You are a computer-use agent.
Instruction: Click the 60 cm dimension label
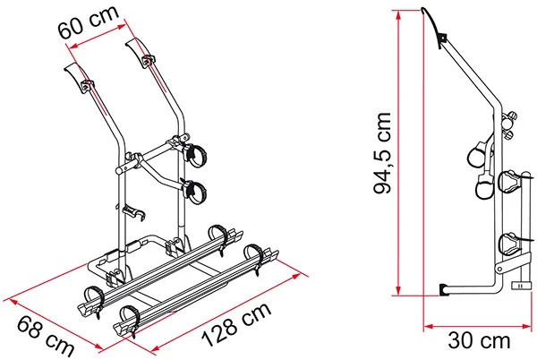[x=89, y=21]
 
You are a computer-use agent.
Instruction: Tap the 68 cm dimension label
[x=46, y=337]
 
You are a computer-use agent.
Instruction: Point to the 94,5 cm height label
[x=382, y=153]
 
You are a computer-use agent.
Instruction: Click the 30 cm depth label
[x=479, y=341]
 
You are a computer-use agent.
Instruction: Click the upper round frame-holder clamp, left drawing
[x=196, y=156]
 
